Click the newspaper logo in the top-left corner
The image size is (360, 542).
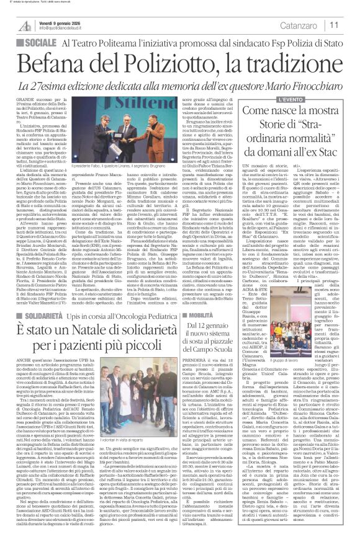pos(24,25)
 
